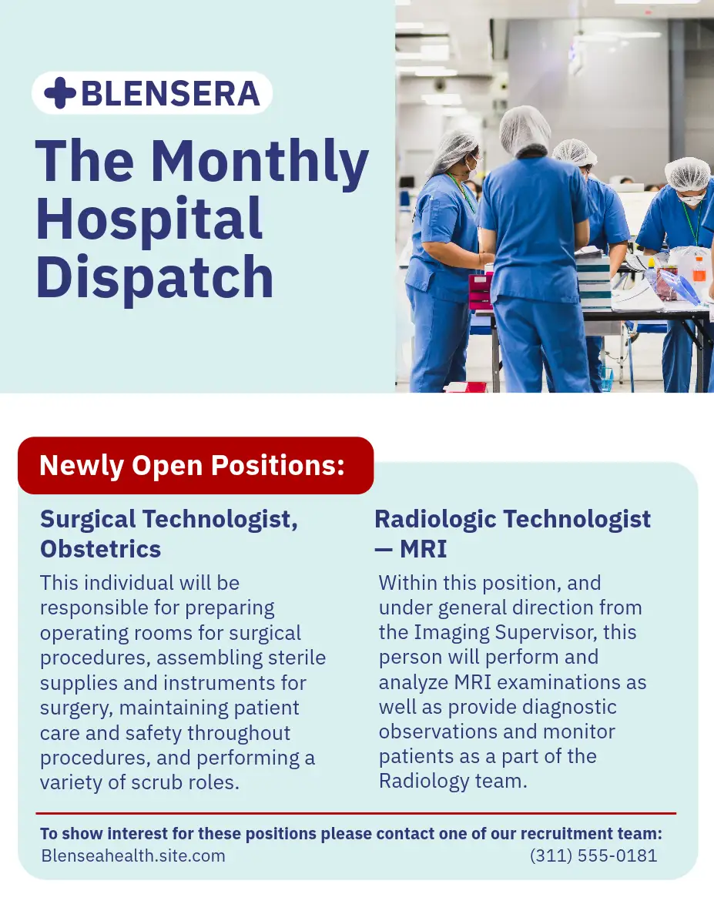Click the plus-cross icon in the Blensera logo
(60, 92)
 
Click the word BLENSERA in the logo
(170, 93)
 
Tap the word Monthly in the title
(260, 163)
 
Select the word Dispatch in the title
(155, 278)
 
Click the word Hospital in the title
(149, 221)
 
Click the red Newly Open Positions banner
(196, 465)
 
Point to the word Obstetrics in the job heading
(100, 548)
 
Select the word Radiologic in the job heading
(435, 520)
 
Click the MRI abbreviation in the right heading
(423, 548)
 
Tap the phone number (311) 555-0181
(594, 855)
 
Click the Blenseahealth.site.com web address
(133, 855)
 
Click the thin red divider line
(356, 813)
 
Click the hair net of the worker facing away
(525, 130)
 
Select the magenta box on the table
(481, 291)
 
